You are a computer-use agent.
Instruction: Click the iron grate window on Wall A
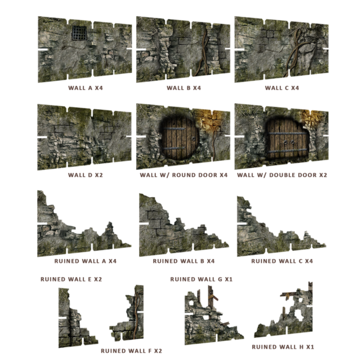click(79, 34)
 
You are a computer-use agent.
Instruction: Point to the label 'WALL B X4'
click(183, 88)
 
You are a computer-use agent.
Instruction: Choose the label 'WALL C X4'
click(281, 88)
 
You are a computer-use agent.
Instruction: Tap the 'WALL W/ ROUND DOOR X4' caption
click(183, 175)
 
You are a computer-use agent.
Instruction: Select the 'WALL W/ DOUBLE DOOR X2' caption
click(281, 175)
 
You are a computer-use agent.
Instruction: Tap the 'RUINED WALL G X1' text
click(202, 279)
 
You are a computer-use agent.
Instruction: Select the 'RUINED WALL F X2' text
click(131, 350)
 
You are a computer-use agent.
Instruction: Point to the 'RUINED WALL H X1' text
click(283, 347)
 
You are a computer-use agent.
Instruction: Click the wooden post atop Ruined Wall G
click(212, 297)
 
